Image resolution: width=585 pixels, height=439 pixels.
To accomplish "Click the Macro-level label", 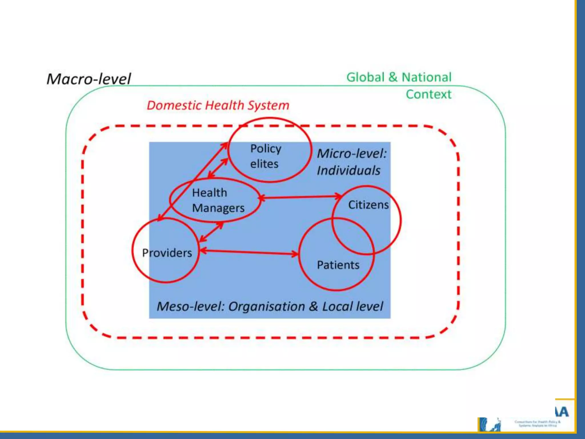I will (x=89, y=79).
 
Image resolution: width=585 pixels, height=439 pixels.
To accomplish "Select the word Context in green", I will (x=428, y=94).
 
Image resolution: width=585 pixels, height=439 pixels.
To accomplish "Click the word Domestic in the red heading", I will (x=174, y=105).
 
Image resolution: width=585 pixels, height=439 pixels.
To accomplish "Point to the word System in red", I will (x=268, y=105).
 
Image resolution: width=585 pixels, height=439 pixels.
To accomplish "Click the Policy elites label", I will (x=265, y=156).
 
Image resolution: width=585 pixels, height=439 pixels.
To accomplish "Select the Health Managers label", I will (x=218, y=200).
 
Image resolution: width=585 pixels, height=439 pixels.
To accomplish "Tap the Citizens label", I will (x=368, y=205).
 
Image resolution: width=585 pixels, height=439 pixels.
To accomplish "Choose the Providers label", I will (x=167, y=253).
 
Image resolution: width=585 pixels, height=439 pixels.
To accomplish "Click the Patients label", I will (x=338, y=265).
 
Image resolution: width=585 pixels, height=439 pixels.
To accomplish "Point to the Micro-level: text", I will (x=352, y=154).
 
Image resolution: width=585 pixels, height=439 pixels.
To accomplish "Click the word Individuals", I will (x=348, y=171).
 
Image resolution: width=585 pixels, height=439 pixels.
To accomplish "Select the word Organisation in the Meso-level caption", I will (x=267, y=307).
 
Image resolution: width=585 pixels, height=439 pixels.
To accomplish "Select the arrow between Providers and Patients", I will (x=249, y=252).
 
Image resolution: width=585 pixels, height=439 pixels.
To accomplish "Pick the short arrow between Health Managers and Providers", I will (x=211, y=232).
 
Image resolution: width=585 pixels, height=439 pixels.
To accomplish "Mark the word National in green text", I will (x=426, y=77).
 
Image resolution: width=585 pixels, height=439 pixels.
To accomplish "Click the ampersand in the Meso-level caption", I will (x=313, y=307).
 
